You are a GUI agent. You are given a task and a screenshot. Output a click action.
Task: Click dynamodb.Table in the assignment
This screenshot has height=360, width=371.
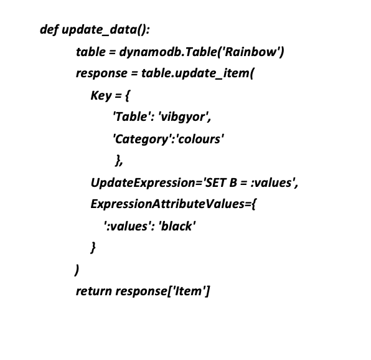point(167,52)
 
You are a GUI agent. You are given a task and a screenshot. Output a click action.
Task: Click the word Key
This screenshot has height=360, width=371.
point(101,96)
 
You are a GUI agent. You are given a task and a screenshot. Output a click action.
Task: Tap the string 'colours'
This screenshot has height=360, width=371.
point(199,139)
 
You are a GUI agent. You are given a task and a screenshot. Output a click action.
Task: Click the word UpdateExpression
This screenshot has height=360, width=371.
point(143,183)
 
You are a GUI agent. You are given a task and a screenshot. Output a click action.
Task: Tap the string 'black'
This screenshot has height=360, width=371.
point(177,226)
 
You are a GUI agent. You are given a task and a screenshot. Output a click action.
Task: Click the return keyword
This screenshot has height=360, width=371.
point(94,291)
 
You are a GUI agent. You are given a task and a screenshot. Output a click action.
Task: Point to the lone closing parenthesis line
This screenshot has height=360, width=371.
point(77,270)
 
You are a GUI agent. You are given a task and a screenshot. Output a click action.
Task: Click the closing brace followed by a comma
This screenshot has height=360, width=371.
point(119,161)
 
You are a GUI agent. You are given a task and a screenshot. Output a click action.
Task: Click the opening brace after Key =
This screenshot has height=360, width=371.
point(127,96)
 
